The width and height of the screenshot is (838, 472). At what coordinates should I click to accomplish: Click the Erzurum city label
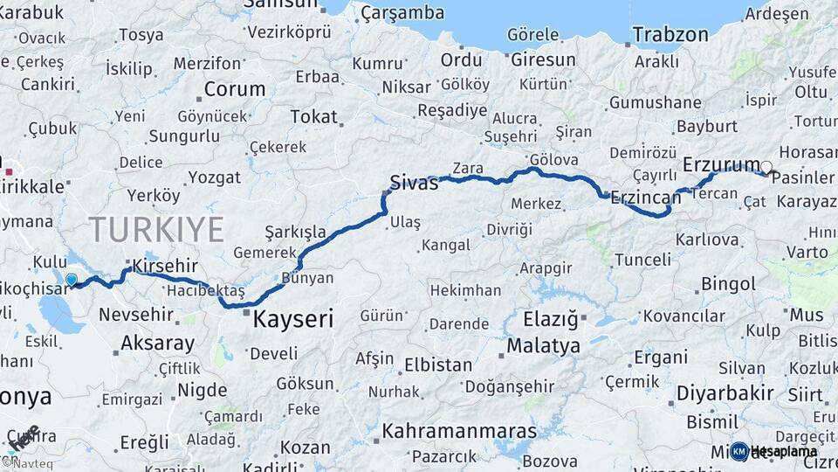pos(721,164)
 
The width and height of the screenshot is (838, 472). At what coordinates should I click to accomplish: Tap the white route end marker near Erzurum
pos(766,167)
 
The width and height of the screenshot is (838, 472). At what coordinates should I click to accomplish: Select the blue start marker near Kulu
pos(72,281)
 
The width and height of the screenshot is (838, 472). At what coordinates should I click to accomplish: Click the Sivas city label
pos(414,182)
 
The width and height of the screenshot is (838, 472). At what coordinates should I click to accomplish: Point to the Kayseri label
pos(293,320)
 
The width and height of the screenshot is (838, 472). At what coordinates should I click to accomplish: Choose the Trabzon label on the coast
pos(670,35)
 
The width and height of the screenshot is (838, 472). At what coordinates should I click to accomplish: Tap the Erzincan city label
pos(646,197)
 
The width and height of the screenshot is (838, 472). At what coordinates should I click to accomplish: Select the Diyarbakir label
pos(725,393)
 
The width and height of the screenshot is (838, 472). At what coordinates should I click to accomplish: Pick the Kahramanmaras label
pos(459,432)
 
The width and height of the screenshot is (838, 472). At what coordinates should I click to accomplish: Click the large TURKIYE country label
pos(156,230)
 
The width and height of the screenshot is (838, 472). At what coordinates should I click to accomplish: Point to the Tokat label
pos(313,116)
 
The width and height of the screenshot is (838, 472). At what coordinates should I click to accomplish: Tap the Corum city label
pos(234,89)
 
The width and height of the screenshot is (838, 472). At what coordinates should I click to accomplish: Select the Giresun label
pos(542,60)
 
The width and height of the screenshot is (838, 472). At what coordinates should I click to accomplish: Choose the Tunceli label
pos(643,260)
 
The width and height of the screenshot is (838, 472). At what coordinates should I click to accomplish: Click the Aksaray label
pos(158,343)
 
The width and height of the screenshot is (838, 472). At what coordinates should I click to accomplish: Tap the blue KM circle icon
pos(739,451)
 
